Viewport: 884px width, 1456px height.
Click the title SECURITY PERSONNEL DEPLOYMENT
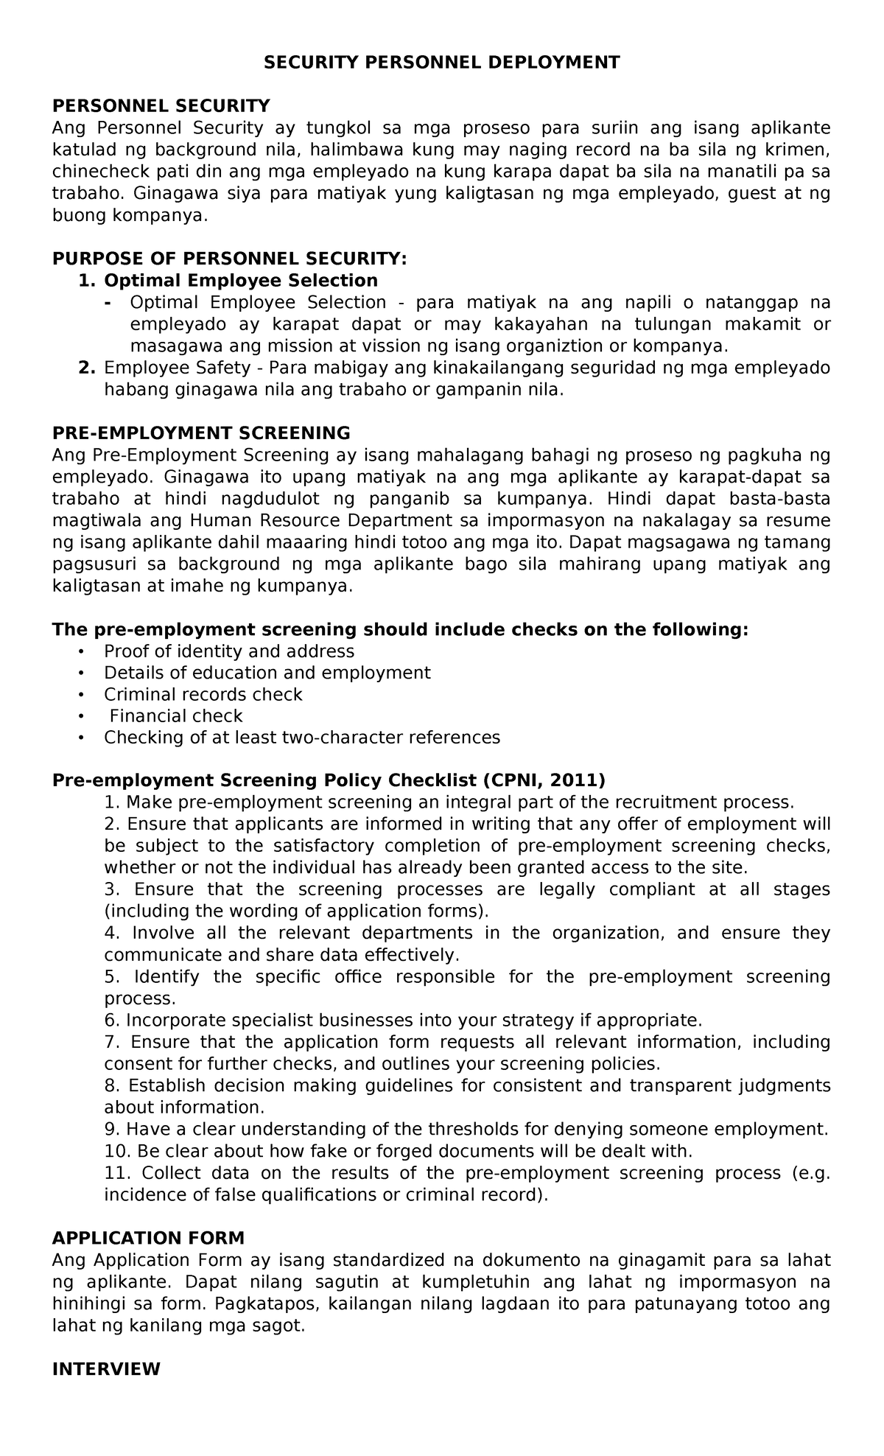coord(442,63)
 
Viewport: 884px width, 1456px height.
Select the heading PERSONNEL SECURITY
coord(161,106)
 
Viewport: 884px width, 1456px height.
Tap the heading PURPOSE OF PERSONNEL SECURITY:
coord(229,259)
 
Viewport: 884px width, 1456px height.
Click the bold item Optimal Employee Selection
coord(241,281)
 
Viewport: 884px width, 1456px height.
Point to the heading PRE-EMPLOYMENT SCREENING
coord(201,433)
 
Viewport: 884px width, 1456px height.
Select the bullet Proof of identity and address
coord(229,651)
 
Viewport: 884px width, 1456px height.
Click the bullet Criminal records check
coord(203,695)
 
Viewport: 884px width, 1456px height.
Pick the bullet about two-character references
coord(302,738)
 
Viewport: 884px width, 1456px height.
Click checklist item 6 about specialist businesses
coord(404,1021)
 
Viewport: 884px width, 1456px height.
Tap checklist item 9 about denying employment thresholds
coord(466,1130)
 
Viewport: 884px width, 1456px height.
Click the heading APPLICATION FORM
coord(148,1238)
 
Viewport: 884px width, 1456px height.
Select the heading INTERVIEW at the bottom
coord(107,1369)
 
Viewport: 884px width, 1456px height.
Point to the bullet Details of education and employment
coord(267,673)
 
